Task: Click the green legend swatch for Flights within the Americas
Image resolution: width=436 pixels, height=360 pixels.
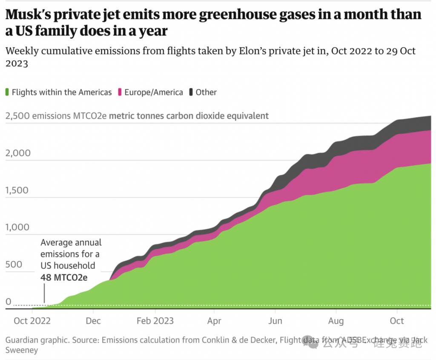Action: [x=7, y=92]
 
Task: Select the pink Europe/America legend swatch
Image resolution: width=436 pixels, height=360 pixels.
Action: [x=120, y=92]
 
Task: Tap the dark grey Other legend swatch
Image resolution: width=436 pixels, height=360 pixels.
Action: [x=191, y=92]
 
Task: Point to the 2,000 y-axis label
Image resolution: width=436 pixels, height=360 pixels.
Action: [x=18, y=153]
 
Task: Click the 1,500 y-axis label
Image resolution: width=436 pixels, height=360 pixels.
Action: [x=18, y=190]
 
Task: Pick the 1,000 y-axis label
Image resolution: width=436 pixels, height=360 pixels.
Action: [x=18, y=228]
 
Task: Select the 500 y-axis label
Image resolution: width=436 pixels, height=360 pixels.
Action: [x=14, y=265]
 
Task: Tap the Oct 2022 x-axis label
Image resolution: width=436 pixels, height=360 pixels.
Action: [x=32, y=320]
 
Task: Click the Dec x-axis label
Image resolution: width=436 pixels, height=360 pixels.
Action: [x=93, y=320]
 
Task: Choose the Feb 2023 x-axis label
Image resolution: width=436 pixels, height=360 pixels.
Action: [x=155, y=320]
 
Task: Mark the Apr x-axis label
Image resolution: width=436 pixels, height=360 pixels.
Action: [x=215, y=320]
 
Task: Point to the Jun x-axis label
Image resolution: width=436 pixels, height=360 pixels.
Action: [x=275, y=320]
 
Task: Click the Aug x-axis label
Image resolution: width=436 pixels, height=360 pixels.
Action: [x=336, y=320]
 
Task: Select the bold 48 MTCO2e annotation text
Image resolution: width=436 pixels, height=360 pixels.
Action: [x=64, y=277]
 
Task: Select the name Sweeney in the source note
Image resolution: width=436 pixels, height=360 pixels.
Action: [x=22, y=350]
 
